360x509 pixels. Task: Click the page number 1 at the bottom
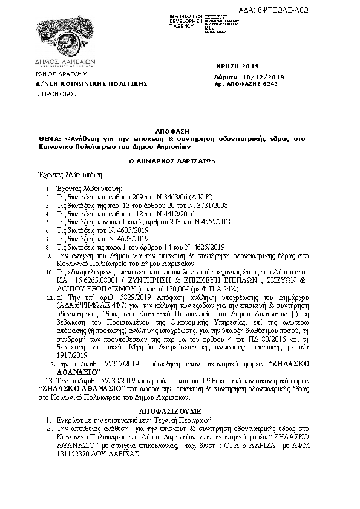click(173, 483)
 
